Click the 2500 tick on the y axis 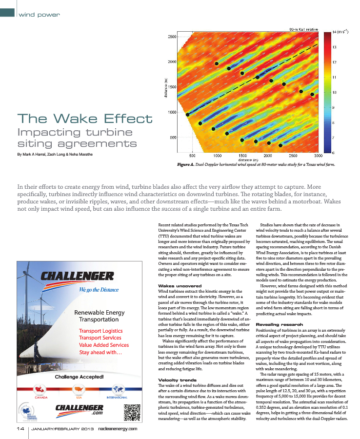point(172,37)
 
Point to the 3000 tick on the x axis point(318,155)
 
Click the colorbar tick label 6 point(334,153)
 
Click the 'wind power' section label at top point(39,15)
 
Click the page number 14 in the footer point(20,429)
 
